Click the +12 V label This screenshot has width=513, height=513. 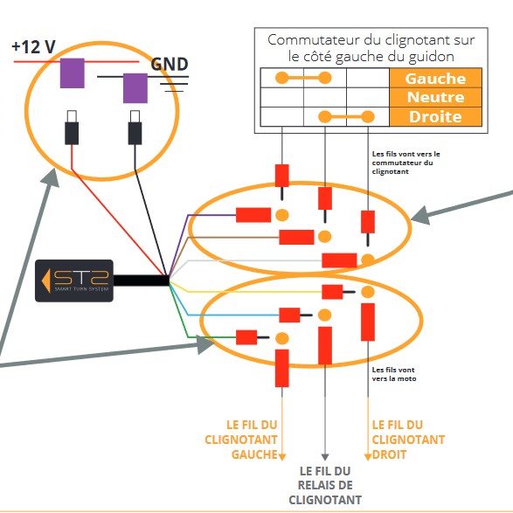pyautogui.click(x=33, y=47)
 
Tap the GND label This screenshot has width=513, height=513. pyautogui.click(x=170, y=64)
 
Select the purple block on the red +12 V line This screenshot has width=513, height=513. pyautogui.click(x=73, y=73)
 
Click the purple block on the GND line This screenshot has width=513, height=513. pyautogui.click(x=135, y=88)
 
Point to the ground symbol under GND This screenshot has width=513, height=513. pyautogui.click(x=174, y=84)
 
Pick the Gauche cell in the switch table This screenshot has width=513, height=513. pyautogui.click(x=435, y=78)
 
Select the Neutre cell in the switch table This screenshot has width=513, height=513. pyautogui.click(x=435, y=97)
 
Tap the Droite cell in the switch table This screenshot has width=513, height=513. pyautogui.click(x=435, y=117)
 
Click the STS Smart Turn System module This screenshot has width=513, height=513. pyautogui.click(x=74, y=281)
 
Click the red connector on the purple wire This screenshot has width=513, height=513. pyautogui.click(x=253, y=215)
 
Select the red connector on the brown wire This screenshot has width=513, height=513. pyautogui.click(x=296, y=237)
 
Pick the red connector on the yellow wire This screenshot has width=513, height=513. pyautogui.click(x=332, y=292)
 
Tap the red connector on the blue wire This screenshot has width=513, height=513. pyautogui.click(x=289, y=315)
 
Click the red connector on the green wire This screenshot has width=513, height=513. pyautogui.click(x=246, y=337)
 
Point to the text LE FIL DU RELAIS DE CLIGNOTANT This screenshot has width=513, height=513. pyautogui.click(x=325, y=485)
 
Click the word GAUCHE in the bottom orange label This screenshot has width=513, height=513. pyautogui.click(x=254, y=454)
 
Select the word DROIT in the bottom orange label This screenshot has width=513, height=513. pyautogui.click(x=389, y=454)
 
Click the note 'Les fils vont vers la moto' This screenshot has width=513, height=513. pyautogui.click(x=394, y=374)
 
